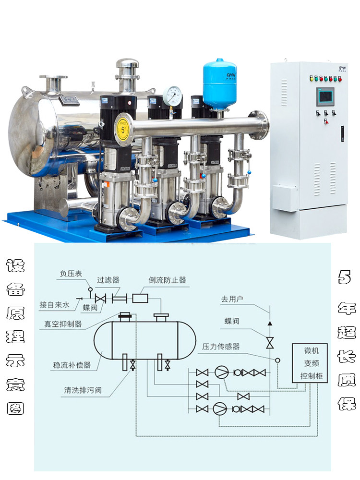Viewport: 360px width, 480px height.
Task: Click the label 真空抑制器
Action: [63, 324]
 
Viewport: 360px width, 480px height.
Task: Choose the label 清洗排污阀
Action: [83, 390]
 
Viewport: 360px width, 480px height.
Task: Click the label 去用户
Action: [232, 299]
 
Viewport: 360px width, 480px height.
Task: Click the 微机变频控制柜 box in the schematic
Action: [309, 363]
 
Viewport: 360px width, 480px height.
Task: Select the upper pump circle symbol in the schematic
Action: [221, 372]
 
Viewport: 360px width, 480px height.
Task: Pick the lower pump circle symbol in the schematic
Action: [220, 408]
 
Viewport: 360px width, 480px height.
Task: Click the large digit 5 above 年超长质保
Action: [344, 276]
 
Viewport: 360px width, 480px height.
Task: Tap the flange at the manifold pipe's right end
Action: [260, 125]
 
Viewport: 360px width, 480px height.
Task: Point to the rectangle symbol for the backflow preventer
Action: [140, 298]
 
